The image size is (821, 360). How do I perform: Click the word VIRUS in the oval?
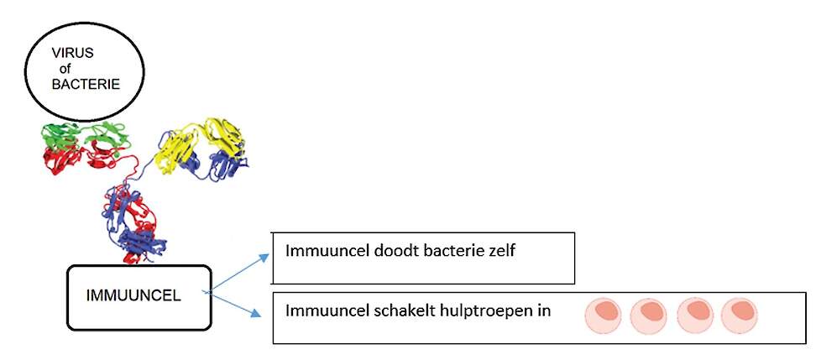(x=73, y=53)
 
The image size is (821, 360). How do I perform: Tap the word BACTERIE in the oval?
(x=86, y=84)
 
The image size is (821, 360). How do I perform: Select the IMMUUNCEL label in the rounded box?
(x=133, y=295)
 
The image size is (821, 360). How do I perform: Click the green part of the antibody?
(x=84, y=135)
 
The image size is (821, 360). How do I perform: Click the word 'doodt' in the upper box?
(x=376, y=251)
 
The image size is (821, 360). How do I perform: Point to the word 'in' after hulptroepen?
(x=545, y=310)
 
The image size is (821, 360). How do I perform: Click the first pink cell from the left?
(x=603, y=315)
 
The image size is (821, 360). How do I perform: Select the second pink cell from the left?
(x=648, y=315)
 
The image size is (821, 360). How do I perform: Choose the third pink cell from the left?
(x=695, y=315)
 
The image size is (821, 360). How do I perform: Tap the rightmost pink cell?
(x=739, y=315)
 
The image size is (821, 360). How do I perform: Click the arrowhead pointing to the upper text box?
(x=264, y=258)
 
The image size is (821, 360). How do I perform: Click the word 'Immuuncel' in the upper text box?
(x=320, y=251)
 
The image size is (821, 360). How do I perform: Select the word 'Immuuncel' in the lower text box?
(x=320, y=310)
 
